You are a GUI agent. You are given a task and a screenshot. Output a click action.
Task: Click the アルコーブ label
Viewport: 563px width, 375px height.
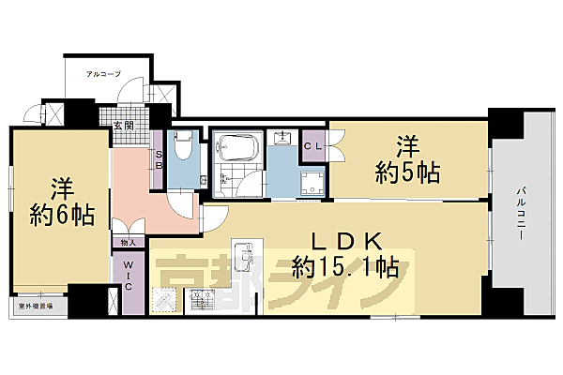tap(103, 72)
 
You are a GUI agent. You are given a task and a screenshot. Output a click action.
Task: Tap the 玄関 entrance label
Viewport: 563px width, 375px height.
tap(123, 125)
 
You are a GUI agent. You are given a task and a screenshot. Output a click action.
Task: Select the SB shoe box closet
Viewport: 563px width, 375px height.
tap(160, 160)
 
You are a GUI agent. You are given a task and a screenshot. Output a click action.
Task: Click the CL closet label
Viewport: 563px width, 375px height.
tap(313, 147)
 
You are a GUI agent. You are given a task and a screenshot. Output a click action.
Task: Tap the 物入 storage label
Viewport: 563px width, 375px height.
tap(129, 243)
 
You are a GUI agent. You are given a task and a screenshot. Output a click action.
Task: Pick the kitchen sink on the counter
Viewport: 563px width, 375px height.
tap(243, 254)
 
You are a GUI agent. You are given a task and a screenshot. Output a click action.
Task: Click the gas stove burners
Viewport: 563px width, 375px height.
tap(202, 301)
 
